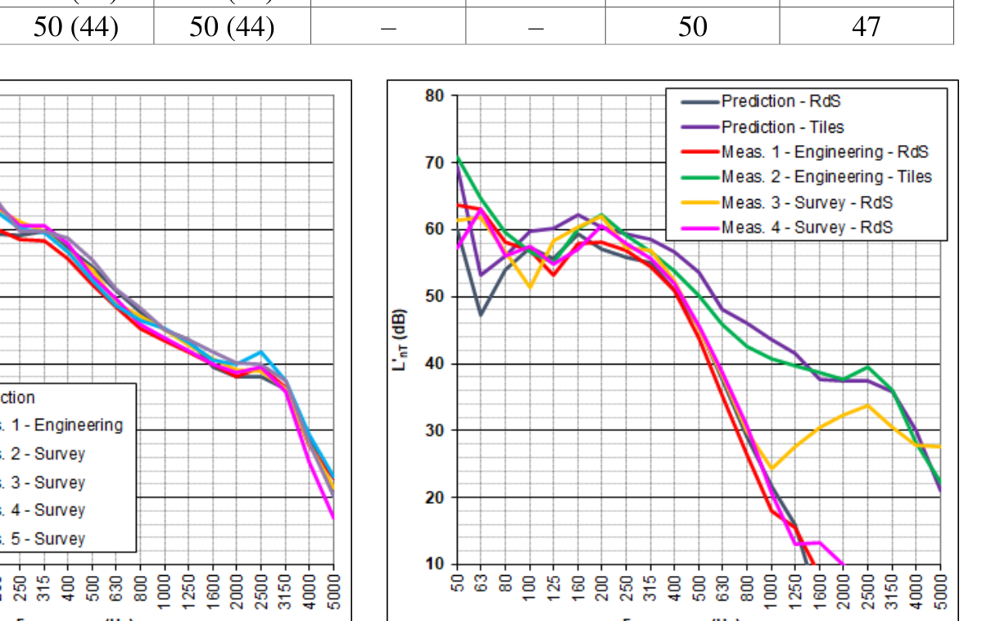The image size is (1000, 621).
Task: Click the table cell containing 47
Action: pos(866,27)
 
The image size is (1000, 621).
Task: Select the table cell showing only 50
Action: pos(692,27)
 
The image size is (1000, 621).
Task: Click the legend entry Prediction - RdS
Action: pos(781,102)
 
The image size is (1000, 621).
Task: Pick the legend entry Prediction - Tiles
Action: pos(782,127)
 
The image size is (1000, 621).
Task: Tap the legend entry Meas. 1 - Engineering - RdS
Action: pos(825,152)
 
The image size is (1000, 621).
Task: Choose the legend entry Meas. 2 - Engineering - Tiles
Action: pos(826,177)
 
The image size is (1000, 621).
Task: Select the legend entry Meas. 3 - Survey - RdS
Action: pos(807,202)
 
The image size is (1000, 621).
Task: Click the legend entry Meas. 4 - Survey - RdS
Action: pos(807,227)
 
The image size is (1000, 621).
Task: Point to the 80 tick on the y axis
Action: pos(435,96)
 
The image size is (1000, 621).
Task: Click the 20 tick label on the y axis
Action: pos(435,497)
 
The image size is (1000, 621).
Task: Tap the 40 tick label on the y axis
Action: pos(435,364)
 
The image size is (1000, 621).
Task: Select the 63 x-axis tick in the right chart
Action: pos(482,587)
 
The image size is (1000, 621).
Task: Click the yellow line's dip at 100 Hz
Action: pos(530,288)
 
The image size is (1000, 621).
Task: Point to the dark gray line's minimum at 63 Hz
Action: pos(482,315)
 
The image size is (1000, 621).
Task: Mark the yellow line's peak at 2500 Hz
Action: pos(867,405)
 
